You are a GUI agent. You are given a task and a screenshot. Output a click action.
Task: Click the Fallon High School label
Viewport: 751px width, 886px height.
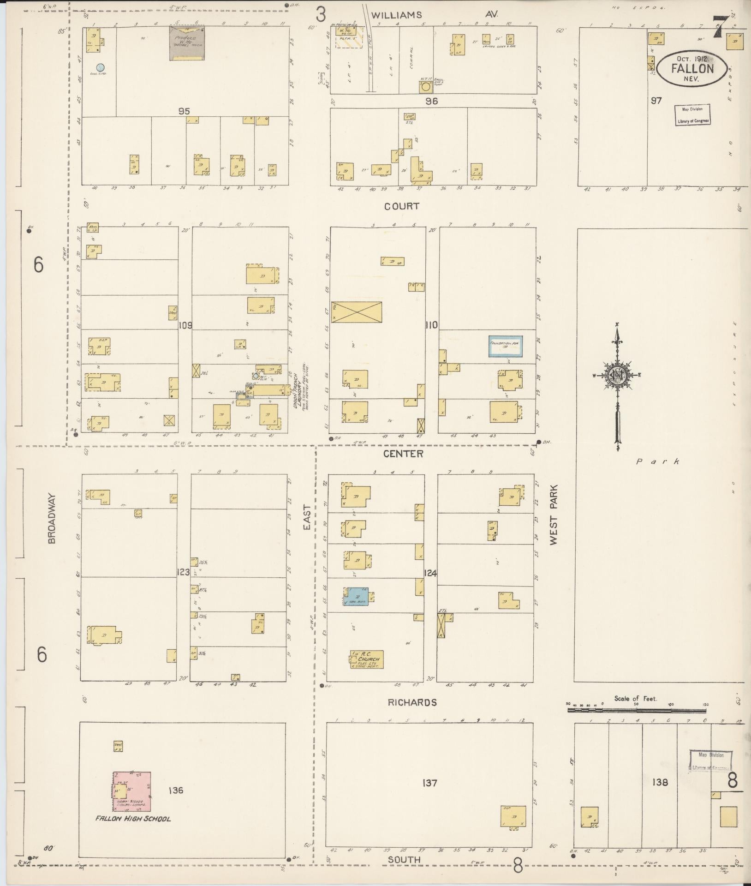(133, 819)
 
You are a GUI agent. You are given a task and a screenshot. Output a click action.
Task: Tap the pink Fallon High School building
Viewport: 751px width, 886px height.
(132, 791)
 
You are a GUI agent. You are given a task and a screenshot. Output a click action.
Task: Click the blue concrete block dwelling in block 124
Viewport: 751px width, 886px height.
(358, 596)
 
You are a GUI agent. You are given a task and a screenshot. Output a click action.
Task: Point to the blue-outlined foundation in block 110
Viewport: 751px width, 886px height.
(506, 346)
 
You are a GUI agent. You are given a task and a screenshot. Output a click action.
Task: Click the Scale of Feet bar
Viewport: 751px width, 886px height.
(637, 717)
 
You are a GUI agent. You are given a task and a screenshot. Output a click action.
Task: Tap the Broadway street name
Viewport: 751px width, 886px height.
(51, 518)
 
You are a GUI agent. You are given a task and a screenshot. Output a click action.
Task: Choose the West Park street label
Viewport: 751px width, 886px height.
(554, 514)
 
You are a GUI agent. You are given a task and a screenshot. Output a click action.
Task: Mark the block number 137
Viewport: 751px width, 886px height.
(429, 782)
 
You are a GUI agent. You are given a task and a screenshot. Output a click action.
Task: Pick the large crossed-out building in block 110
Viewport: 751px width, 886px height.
(357, 312)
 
